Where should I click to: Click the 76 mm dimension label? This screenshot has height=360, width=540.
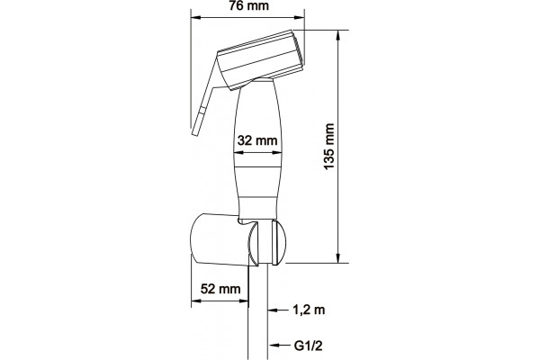coord(249,5)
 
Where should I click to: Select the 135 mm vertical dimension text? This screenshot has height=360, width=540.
coord(329,146)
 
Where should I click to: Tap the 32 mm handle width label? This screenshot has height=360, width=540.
coord(257,140)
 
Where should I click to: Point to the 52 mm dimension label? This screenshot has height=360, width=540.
coord(220,289)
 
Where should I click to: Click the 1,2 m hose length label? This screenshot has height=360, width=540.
coord(309,310)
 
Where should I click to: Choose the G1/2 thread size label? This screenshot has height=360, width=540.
coord(309,346)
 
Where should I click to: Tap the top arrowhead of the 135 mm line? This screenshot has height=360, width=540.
coord(339,34)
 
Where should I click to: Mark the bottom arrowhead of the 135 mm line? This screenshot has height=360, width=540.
coord(339,258)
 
